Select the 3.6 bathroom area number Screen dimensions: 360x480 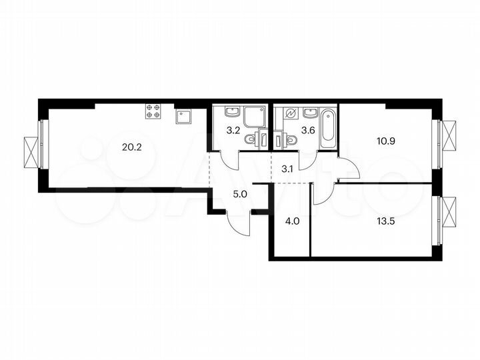(x=307, y=130)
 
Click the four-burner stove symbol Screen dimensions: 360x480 (x=153, y=112)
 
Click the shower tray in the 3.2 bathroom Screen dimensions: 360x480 (x=254, y=117)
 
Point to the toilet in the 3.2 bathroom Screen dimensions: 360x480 (x=251, y=139)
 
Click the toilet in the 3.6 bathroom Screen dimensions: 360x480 (x=290, y=140)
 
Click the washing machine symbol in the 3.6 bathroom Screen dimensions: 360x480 (x=290, y=114)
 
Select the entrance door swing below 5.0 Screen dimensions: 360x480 (x=238, y=221)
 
